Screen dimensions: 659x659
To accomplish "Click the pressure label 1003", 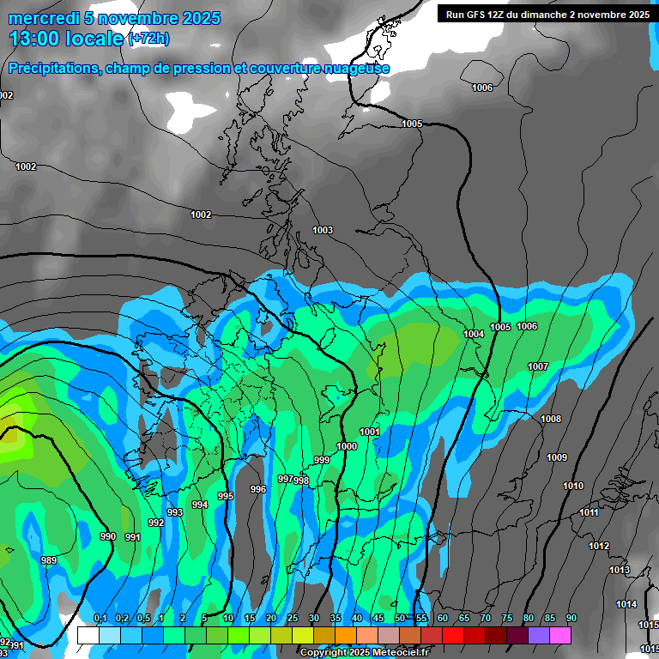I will [323, 230].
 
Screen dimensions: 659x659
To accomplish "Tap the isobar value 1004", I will [474, 334].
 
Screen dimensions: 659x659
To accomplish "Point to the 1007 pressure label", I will [538, 366].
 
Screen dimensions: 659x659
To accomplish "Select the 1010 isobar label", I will [573, 487].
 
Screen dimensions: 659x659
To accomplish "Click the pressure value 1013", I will [620, 571].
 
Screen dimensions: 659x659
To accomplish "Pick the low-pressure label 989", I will [50, 560].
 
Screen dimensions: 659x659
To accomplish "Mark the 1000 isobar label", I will [347, 446].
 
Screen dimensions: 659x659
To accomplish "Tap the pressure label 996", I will [258, 489].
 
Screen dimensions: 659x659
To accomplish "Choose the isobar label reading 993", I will [175, 512].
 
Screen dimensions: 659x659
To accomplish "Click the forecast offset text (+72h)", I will [149, 39].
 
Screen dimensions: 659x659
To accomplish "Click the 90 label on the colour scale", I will [571, 619].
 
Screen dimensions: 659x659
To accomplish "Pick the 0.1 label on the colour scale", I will [100, 619].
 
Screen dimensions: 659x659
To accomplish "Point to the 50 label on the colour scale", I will [400, 619].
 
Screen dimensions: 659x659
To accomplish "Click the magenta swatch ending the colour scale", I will [560, 635].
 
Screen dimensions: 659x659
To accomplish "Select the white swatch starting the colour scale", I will [88, 635].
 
